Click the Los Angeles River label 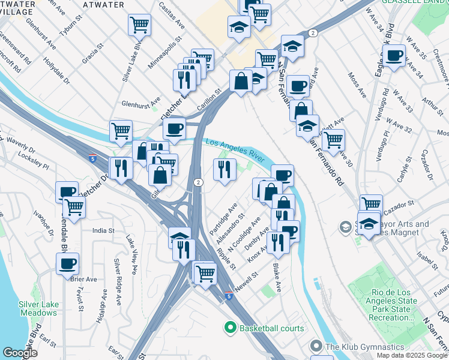pyautogui.click(x=235, y=151)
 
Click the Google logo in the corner pyautogui.click(x=20, y=353)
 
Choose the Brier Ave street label pyautogui.click(x=83, y=279)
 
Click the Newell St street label pyautogui.click(x=246, y=280)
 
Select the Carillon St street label pyautogui.click(x=210, y=100)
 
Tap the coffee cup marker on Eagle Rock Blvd pyautogui.click(x=394, y=57)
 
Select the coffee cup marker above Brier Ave pyautogui.click(x=67, y=263)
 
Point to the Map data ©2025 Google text pyautogui.click(x=411, y=355)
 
